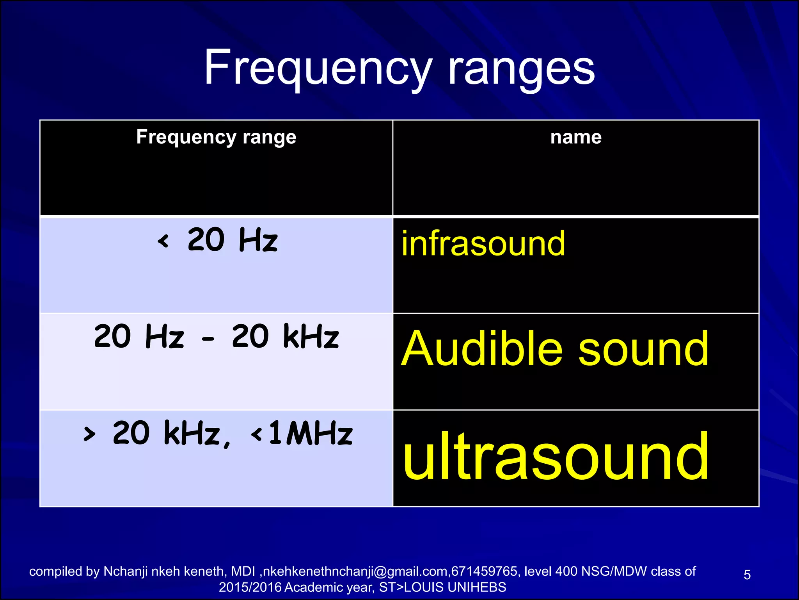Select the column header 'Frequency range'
click(216, 137)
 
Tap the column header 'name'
click(576, 137)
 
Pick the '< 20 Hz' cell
click(217, 240)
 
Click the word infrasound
click(483, 244)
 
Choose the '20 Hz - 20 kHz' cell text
click(217, 336)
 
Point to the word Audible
click(482, 348)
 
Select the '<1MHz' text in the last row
click(302, 434)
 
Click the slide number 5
click(747, 575)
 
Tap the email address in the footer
click(356, 571)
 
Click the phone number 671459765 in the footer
click(484, 571)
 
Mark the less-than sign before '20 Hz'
click(163, 241)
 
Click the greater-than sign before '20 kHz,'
click(89, 434)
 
